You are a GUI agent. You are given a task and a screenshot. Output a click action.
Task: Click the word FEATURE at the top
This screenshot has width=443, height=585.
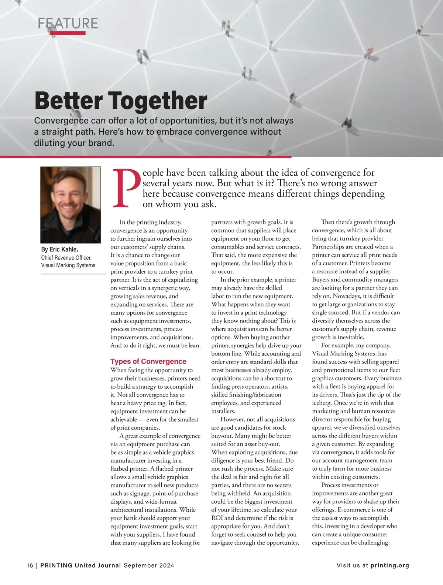tap(68, 23)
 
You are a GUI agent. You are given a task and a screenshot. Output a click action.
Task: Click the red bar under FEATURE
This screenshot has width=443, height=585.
tap(68, 33)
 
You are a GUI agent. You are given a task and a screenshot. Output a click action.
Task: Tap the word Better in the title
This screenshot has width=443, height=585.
tap(69, 101)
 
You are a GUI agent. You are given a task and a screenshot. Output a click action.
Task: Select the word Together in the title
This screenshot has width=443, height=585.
tap(158, 101)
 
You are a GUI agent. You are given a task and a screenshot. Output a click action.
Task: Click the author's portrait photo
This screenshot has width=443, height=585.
tap(70, 204)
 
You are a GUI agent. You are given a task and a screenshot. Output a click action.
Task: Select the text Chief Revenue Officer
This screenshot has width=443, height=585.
tap(66, 257)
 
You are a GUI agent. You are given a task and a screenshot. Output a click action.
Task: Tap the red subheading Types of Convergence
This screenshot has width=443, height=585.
tap(148, 361)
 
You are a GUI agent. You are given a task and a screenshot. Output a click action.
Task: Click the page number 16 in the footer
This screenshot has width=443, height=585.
tap(30, 565)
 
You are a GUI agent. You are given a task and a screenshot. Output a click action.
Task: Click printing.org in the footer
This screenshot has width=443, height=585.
tap(390, 565)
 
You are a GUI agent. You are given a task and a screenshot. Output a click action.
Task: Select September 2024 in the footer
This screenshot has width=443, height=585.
tap(149, 565)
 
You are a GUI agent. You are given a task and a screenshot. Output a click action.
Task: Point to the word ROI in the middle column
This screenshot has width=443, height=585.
tap(217, 518)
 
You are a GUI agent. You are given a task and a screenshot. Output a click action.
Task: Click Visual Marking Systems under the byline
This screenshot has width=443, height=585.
tap(68, 265)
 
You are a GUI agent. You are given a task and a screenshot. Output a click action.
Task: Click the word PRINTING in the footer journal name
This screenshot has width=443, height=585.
tap(56, 565)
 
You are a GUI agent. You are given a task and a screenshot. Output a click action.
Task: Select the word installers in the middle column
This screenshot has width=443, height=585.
tap(223, 411)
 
